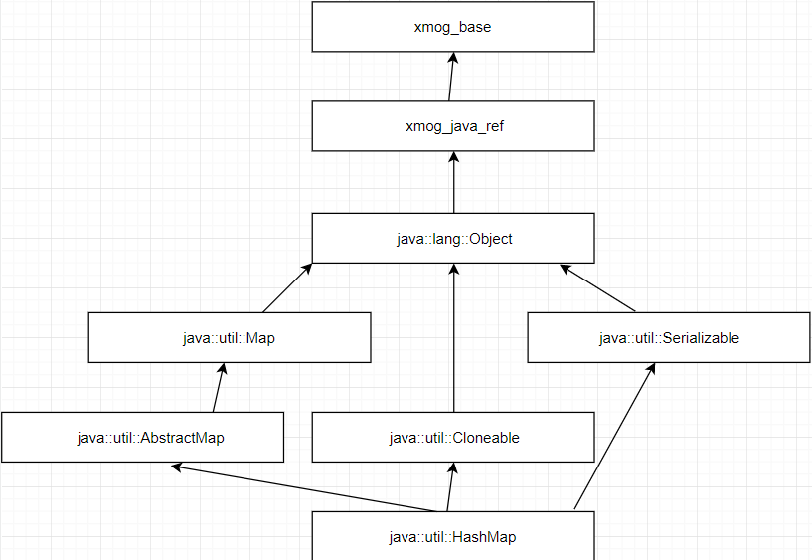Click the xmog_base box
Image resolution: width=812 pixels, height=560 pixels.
(453, 27)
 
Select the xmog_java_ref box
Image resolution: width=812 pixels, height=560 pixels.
(453, 126)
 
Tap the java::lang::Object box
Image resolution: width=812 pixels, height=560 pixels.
(453, 239)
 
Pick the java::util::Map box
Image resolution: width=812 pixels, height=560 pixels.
(230, 338)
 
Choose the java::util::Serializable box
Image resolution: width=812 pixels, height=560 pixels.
(669, 338)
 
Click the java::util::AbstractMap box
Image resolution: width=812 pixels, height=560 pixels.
(143, 438)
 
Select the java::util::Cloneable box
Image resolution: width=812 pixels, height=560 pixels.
(453, 438)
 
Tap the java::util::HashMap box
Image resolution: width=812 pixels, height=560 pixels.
(453, 537)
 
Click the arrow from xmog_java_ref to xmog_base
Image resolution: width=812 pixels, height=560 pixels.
(451, 78)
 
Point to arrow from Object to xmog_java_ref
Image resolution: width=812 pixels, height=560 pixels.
(453, 182)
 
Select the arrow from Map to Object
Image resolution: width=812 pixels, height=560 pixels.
(286, 288)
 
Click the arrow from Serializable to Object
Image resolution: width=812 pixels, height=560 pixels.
(598, 287)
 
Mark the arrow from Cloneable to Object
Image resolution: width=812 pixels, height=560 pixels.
(453, 338)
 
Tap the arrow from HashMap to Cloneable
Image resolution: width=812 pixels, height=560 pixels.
(448, 487)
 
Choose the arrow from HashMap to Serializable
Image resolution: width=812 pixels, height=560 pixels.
(614, 438)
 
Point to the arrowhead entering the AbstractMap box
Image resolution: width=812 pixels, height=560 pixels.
(177, 466)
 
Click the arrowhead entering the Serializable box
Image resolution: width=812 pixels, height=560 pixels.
(653, 368)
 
